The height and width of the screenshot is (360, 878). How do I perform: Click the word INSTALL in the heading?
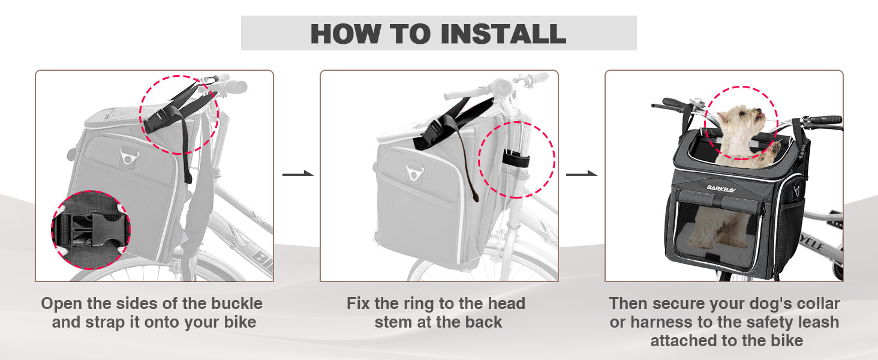503,34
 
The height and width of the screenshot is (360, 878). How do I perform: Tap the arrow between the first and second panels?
298,173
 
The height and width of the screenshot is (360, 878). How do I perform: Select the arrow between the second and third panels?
582,173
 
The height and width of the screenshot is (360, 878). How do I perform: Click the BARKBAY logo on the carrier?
721,188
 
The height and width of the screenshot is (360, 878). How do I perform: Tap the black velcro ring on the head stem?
516,159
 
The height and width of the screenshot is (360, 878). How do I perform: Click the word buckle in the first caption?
237,304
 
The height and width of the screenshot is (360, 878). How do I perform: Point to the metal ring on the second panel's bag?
414,172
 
